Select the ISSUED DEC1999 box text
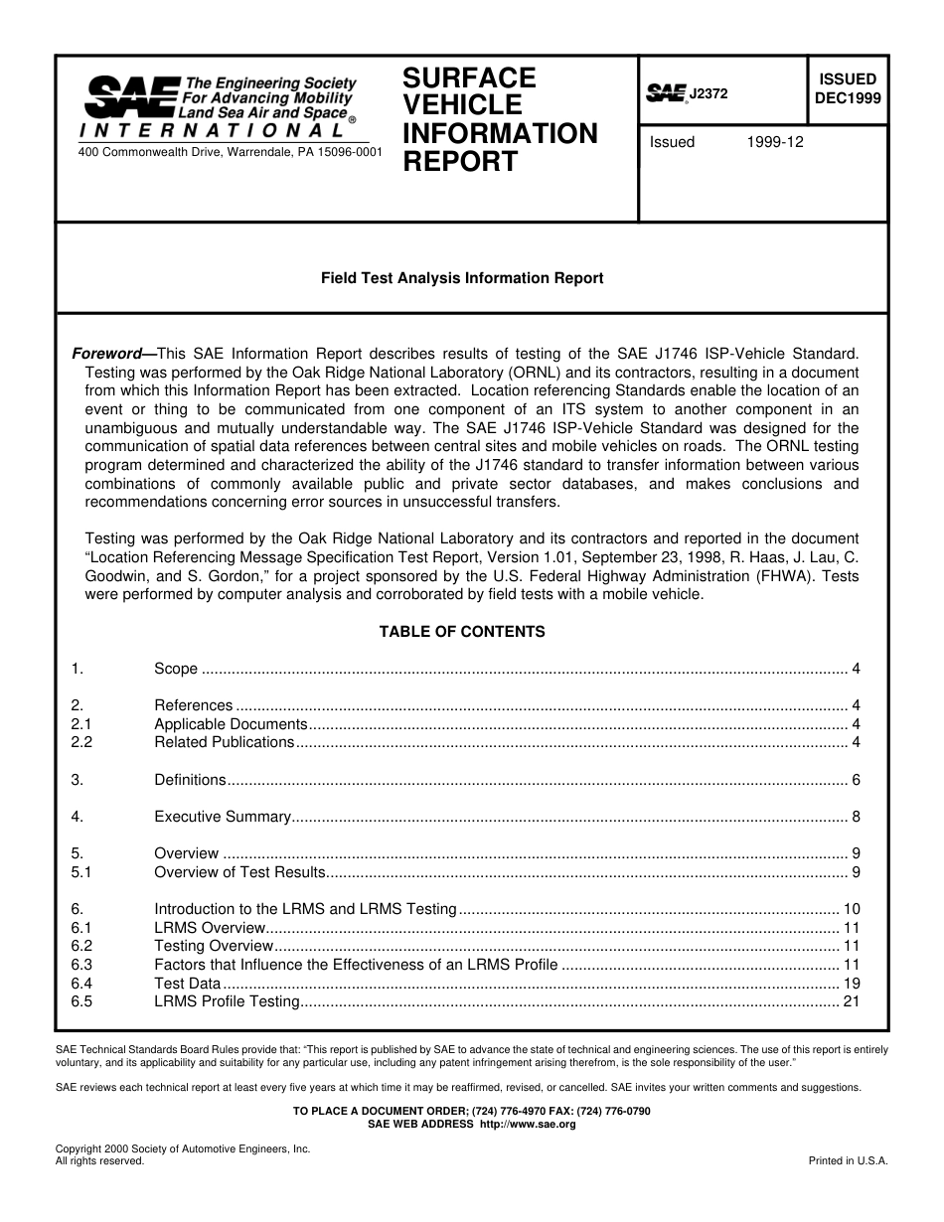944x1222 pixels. tap(847, 88)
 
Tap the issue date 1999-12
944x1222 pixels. tap(775, 142)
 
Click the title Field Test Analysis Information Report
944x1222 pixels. tap(461, 278)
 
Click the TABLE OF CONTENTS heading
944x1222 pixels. tap(462, 631)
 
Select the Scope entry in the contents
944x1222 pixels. tap(176, 669)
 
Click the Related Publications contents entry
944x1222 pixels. tap(225, 742)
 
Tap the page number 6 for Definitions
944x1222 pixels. tap(856, 780)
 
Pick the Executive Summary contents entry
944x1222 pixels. tap(223, 817)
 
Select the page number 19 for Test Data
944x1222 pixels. tap(851, 984)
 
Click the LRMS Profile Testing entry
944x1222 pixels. tap(227, 1001)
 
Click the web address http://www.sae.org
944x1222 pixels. tap(528, 1125)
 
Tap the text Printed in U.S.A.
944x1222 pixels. tap(848, 1160)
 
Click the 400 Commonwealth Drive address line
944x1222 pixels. tap(230, 152)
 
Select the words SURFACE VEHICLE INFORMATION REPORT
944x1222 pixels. tap(500, 119)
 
